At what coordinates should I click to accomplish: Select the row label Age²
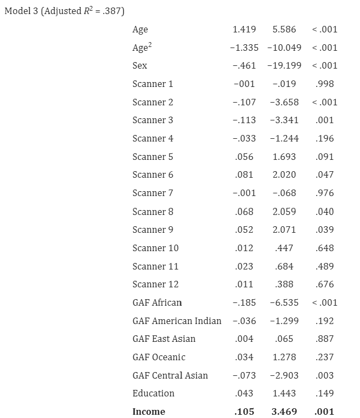pos(142,48)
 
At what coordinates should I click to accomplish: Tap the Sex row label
pos(139,65)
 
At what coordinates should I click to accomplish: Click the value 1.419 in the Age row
pos(244,29)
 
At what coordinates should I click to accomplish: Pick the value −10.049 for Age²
pos(284,48)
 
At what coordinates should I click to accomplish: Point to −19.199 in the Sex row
pos(284,65)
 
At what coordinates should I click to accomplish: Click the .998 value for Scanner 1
pos(324,84)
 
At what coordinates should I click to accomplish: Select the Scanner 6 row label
pos(153,174)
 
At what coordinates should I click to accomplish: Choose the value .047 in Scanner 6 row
pos(324,174)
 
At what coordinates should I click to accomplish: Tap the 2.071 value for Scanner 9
pos(284,230)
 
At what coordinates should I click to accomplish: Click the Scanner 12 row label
pos(155,284)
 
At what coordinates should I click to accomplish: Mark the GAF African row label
pos(157,302)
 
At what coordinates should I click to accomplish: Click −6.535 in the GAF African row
pos(284,302)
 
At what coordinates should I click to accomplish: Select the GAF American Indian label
pos(177,321)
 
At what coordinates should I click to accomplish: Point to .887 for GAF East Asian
pos(324,339)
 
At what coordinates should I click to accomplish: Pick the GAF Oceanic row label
pos(159,357)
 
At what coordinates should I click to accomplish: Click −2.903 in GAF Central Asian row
pos(284,375)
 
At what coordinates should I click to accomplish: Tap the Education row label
pos(154,393)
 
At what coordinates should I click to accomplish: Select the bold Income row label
pos(149,412)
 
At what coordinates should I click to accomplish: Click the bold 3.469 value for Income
pos(284,412)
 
